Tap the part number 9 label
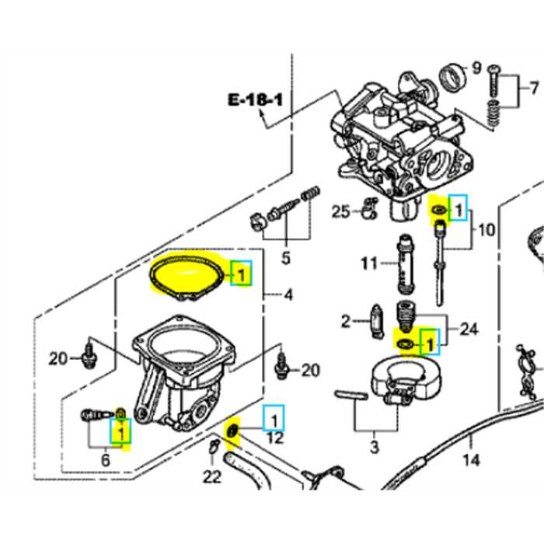point(476,67)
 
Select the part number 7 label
point(534,86)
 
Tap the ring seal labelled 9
point(450,77)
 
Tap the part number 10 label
point(486,230)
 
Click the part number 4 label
point(288,295)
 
